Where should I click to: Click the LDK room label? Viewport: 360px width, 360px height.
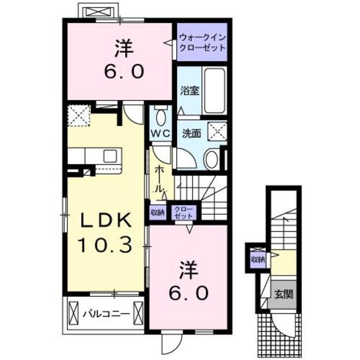[104, 221]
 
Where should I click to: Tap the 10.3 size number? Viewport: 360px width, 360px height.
[105, 244]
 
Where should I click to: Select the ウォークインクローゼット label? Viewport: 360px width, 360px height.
[202, 42]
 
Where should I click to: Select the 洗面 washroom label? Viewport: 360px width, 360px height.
[191, 134]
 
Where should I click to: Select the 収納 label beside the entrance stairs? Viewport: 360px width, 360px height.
[258, 260]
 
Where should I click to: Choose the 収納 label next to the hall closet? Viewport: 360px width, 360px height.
[157, 212]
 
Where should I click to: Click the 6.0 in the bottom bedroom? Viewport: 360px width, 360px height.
[189, 292]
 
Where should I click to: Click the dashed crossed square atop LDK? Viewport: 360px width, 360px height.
[80, 116]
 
